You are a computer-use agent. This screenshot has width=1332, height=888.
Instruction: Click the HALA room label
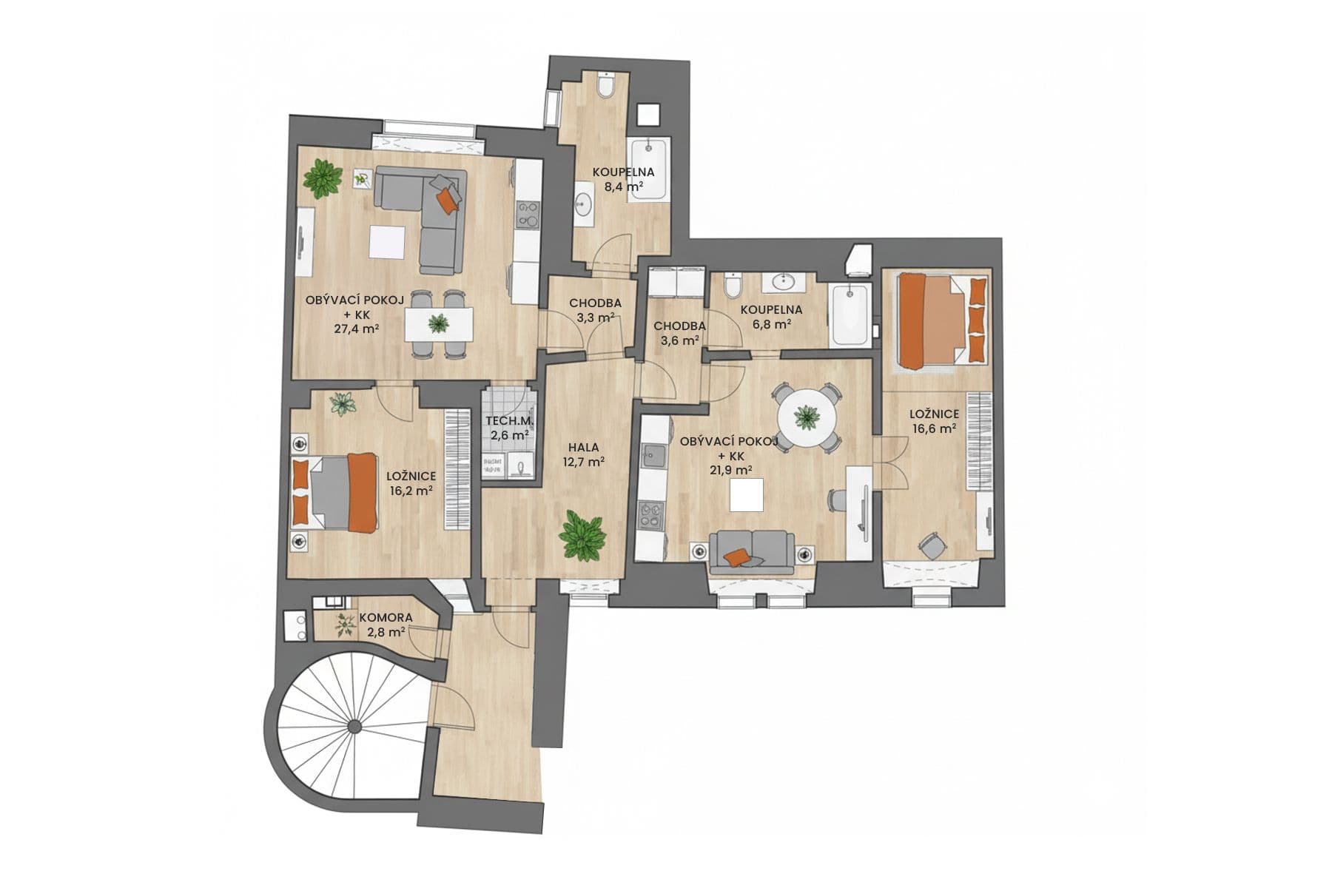[x=583, y=447]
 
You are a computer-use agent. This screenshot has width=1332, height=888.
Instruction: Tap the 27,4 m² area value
[x=357, y=328]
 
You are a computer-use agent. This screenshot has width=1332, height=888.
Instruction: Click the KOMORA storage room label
[x=386, y=617]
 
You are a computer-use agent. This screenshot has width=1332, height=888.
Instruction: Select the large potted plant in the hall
[x=583, y=535]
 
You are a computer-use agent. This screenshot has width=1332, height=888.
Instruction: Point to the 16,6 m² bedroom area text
[x=934, y=427]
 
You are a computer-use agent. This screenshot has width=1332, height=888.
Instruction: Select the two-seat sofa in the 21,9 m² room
[x=751, y=551]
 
